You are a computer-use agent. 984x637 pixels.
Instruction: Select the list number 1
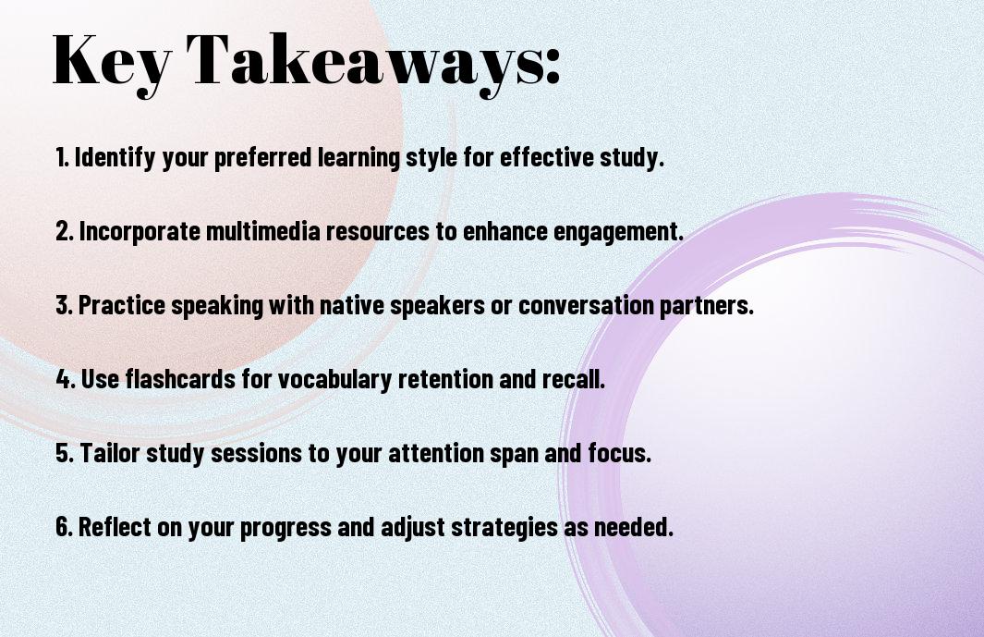click(62, 157)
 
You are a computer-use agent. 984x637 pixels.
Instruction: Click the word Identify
click(115, 158)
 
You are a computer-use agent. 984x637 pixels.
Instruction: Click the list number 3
click(64, 305)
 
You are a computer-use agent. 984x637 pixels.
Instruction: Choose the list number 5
click(64, 453)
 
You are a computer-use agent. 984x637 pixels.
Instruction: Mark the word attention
click(436, 453)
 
